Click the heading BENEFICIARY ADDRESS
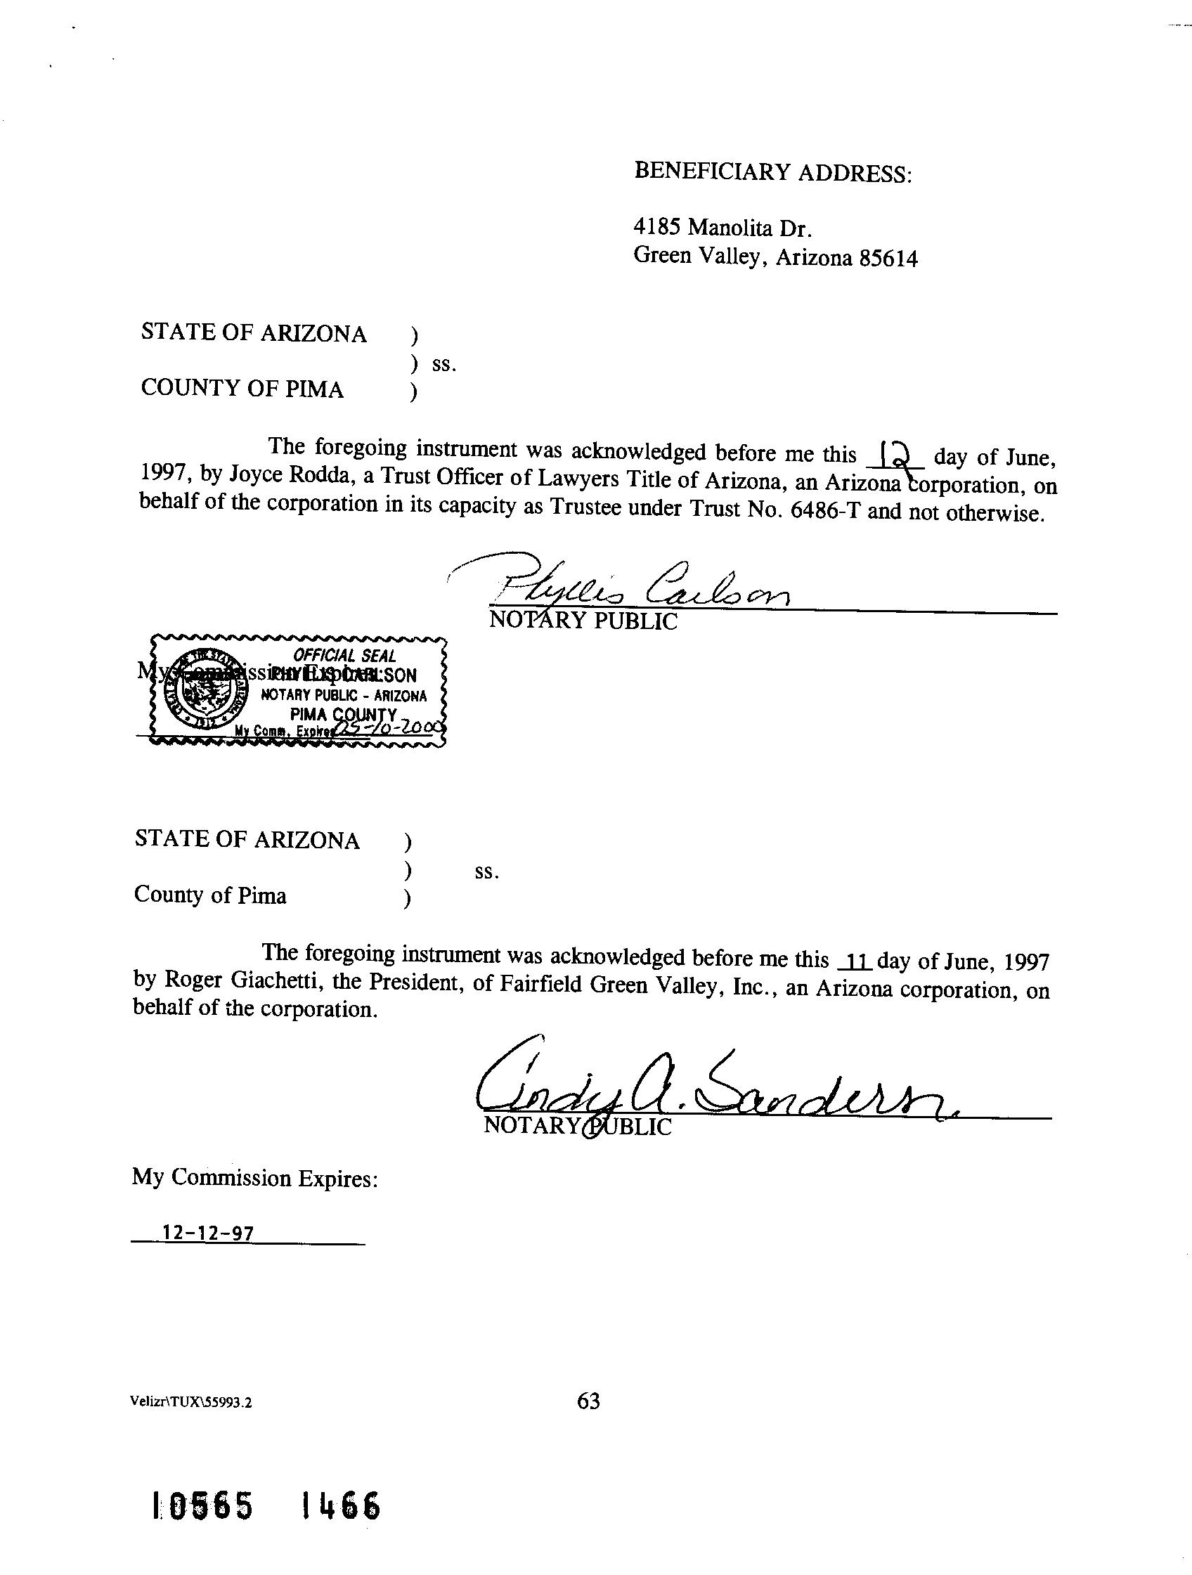tap(772, 171)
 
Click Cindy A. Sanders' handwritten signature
tap(712, 1088)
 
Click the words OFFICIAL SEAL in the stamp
tap(344, 656)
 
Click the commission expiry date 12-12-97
tap(208, 1233)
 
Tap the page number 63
tap(588, 1401)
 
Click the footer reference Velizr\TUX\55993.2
tap(191, 1403)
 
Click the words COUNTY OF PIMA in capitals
tap(242, 389)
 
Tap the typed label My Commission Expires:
tap(254, 1178)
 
